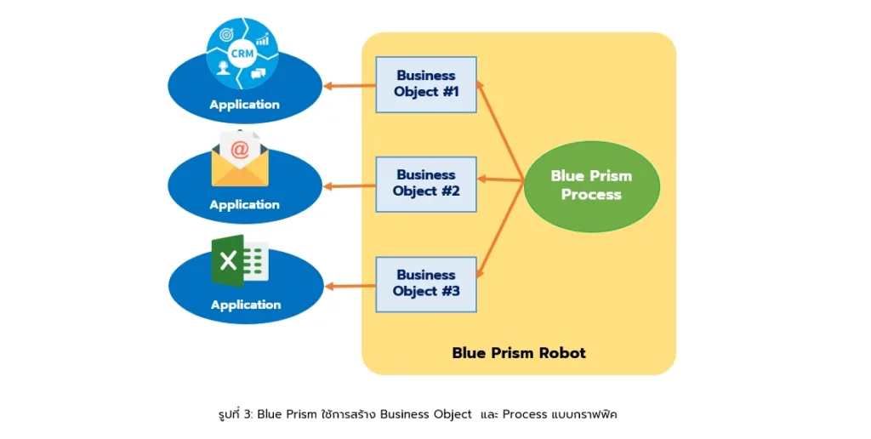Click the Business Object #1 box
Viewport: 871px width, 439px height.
pos(426,84)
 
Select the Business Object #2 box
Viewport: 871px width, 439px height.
pos(426,184)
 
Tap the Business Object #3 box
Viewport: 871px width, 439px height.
pos(426,284)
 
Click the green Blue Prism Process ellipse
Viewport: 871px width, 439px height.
pos(592,185)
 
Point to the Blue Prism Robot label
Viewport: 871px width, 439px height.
pos(519,353)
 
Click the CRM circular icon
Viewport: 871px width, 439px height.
pos(242,54)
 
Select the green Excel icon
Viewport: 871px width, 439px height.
pos(240,260)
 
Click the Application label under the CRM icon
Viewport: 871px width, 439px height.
pos(244,105)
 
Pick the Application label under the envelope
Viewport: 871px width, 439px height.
pos(244,204)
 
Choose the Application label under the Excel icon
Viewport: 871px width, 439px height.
pos(246,305)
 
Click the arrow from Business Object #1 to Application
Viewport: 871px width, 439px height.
pos(350,86)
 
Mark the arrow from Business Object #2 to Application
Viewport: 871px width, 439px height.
pos(350,186)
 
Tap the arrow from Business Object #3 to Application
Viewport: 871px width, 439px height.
pos(350,286)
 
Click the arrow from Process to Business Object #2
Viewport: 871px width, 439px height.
pos(500,180)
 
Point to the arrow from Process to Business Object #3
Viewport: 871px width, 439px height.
pos(500,229)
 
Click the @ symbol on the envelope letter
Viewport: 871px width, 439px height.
pos(239,149)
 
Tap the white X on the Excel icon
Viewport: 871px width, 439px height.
pos(228,260)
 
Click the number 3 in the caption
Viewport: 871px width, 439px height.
pos(248,414)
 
